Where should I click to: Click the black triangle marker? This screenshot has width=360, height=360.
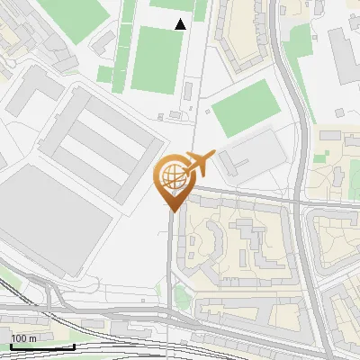[x=180, y=23]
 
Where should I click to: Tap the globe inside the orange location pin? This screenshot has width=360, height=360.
[x=172, y=175]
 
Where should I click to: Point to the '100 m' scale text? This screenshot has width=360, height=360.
[x=23, y=337]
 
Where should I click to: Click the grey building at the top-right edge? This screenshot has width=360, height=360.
[x=346, y=54]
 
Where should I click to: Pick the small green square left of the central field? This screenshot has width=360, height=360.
[x=104, y=75]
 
